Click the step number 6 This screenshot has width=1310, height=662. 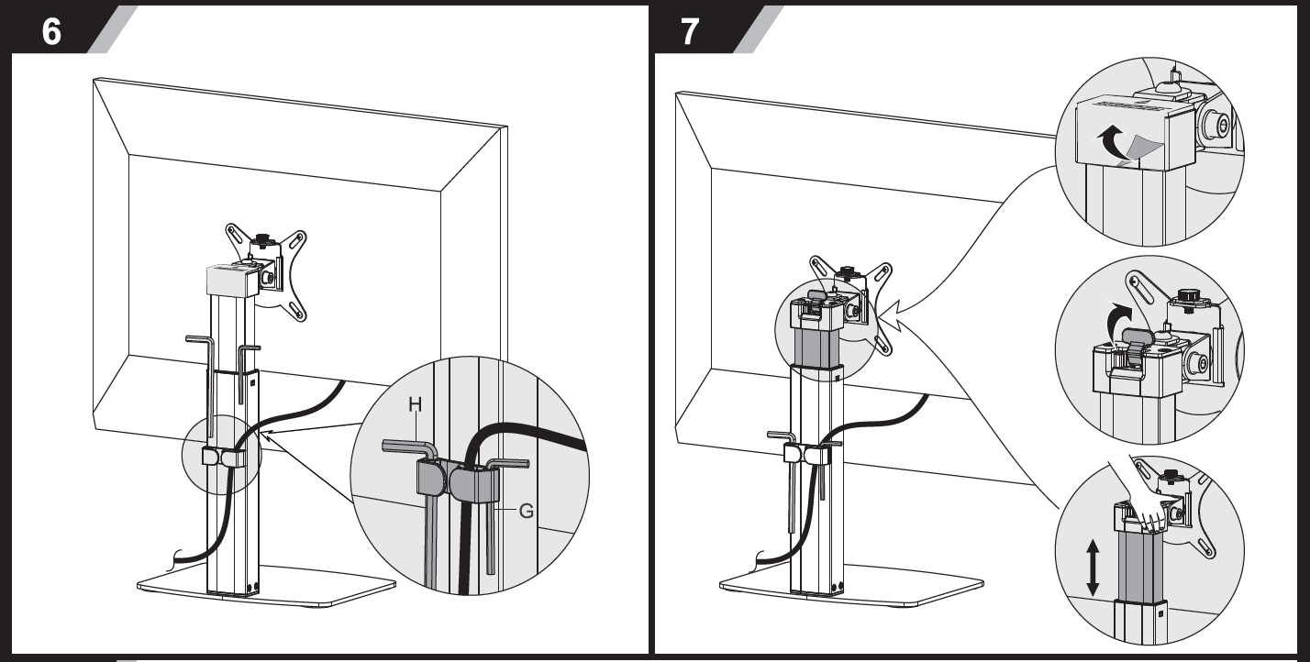pyautogui.click(x=51, y=31)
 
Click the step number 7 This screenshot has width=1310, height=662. pyautogui.click(x=690, y=31)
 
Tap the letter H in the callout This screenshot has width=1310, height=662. pyautogui.click(x=415, y=404)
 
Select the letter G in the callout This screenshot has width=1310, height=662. pyautogui.click(x=527, y=512)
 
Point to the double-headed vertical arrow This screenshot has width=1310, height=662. pyautogui.click(x=1093, y=568)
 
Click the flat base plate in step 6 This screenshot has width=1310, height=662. pyautogui.click(x=266, y=586)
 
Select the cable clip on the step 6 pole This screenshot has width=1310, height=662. pyautogui.click(x=224, y=457)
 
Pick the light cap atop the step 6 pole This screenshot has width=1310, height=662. pyautogui.click(x=232, y=281)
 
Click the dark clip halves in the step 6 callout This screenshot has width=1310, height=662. pyautogui.click(x=458, y=480)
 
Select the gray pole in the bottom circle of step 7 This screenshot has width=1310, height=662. pyautogui.click(x=1140, y=567)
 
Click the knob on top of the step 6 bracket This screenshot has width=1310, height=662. pyautogui.click(x=261, y=238)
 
